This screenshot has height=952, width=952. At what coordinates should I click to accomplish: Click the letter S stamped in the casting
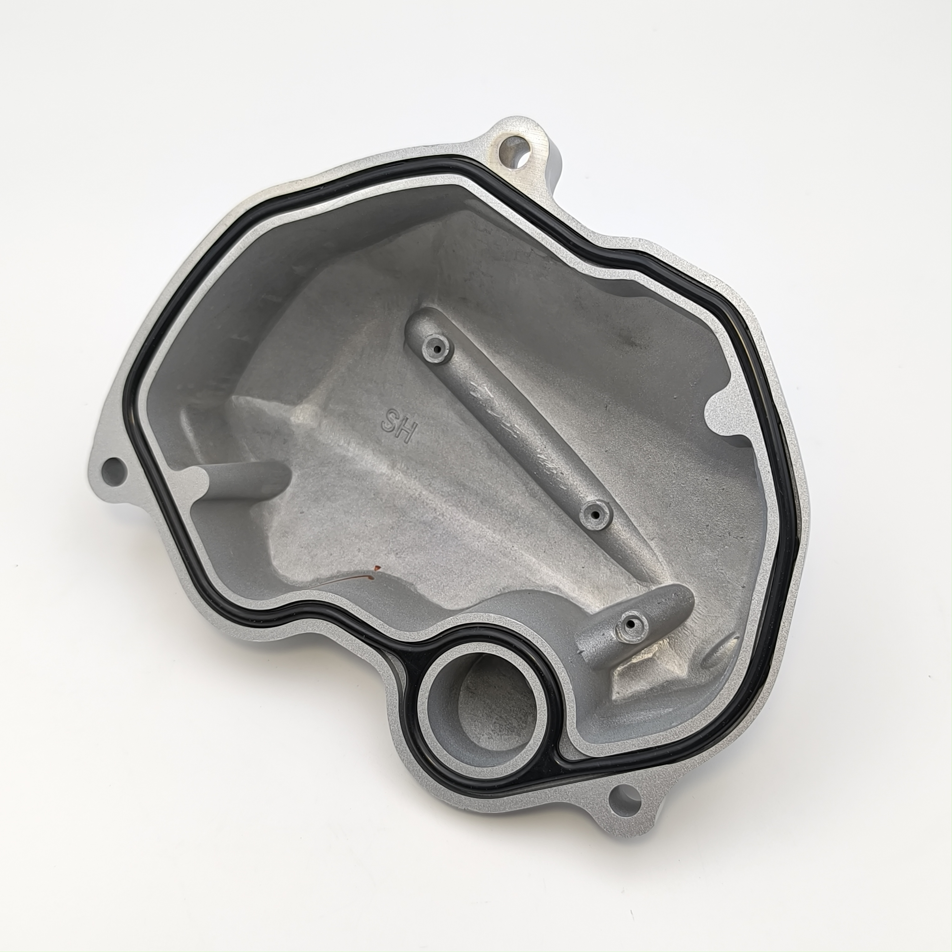[x=390, y=422]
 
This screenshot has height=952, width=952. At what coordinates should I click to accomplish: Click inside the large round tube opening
[x=483, y=705]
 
